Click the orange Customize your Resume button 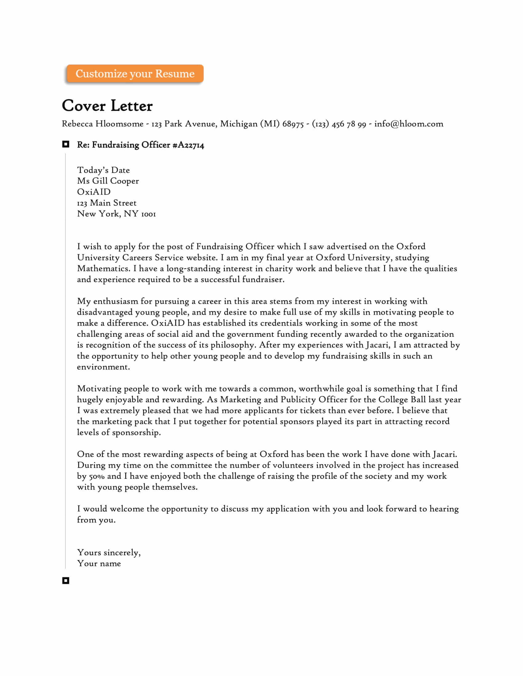[135, 74]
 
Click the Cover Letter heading [107, 106]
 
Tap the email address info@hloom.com [409, 124]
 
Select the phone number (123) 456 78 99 [339, 124]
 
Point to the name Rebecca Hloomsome [102, 124]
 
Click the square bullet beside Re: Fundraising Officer [66, 144]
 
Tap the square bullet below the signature [66, 581]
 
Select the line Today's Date [103, 170]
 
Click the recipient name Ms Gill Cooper [108, 181]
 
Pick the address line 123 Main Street [106, 203]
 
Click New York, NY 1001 [116, 214]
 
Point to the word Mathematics [103, 268]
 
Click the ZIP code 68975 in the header [293, 124]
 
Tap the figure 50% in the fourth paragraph [97, 476]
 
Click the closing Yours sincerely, [109, 552]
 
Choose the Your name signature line [99, 563]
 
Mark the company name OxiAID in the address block [94, 192]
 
